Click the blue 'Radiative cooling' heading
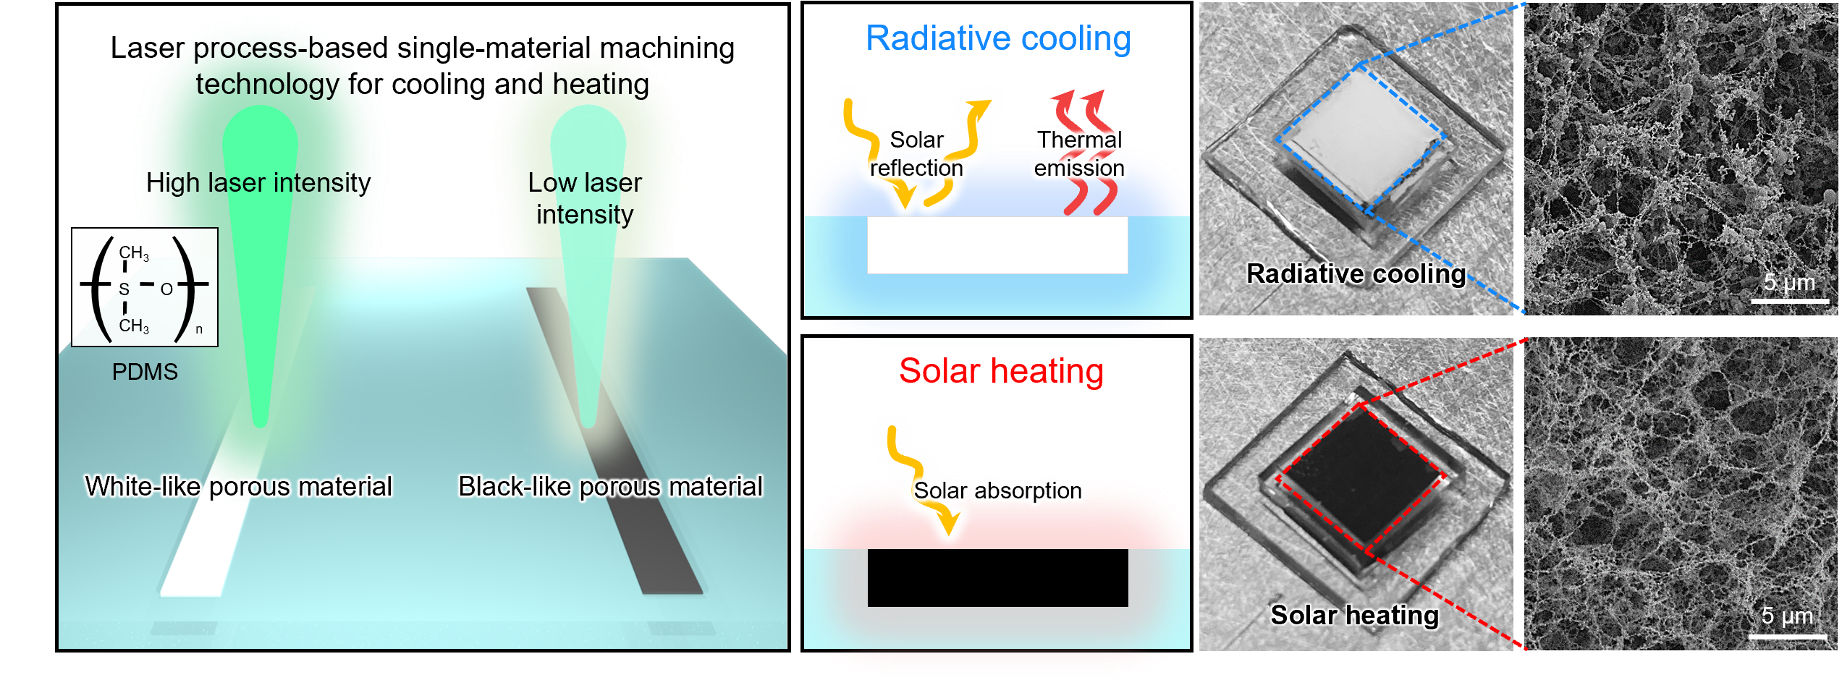(x=998, y=38)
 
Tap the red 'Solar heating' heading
(x=1001, y=371)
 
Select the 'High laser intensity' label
(x=258, y=182)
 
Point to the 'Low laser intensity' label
(x=585, y=198)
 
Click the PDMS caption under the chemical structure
(x=145, y=372)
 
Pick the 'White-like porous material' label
(x=238, y=486)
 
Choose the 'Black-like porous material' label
(x=610, y=486)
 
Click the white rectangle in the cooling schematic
(x=997, y=246)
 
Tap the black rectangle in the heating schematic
(x=997, y=578)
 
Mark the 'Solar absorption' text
(x=997, y=490)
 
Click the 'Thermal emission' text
(x=1079, y=153)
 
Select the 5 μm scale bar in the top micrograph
(x=1789, y=299)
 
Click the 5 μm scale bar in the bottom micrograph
(x=1788, y=637)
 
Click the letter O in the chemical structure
(x=166, y=289)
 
